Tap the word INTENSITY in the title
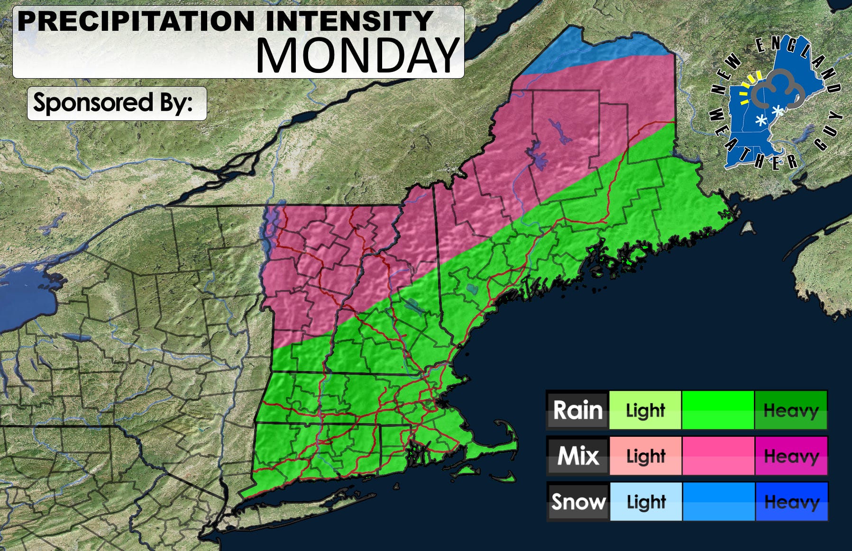click(348, 21)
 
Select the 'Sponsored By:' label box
click(117, 103)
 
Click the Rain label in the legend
click(577, 410)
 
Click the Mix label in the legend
click(577, 456)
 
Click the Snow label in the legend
click(577, 502)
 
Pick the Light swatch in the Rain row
click(645, 410)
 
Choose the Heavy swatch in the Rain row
click(791, 410)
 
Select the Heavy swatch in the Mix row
click(791, 456)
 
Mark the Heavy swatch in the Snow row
click(791, 502)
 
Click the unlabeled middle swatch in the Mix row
click(718, 456)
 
